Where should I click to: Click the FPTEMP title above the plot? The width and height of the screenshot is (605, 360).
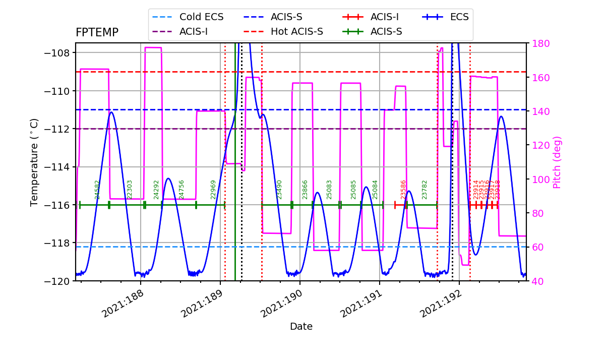(97, 33)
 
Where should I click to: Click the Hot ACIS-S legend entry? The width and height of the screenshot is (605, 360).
(296, 32)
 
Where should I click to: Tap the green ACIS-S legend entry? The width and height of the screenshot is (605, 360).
(386, 32)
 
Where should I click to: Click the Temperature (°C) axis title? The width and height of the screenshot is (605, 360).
(34, 162)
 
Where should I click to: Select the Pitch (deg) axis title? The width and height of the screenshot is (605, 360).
(557, 162)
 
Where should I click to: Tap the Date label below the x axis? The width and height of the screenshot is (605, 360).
(301, 327)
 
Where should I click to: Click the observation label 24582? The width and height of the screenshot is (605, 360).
(98, 190)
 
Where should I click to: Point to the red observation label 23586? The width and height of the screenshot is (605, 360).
(403, 190)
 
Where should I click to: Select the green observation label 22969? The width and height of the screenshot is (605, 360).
(213, 190)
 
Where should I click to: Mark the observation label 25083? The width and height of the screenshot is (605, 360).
(329, 190)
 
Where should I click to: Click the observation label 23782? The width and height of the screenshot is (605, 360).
(425, 190)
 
